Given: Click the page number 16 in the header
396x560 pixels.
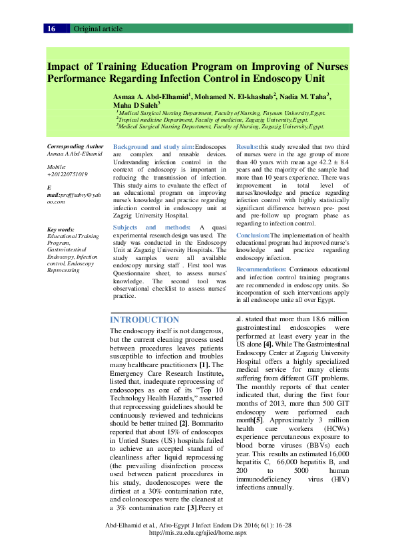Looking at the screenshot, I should (x=51, y=29).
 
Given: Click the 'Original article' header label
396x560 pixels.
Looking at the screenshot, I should (x=98, y=29).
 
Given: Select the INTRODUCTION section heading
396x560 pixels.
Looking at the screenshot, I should (x=144, y=320).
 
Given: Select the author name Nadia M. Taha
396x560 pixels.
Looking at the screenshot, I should (x=305, y=97).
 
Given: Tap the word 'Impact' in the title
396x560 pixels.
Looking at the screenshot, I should (x=63, y=67).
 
